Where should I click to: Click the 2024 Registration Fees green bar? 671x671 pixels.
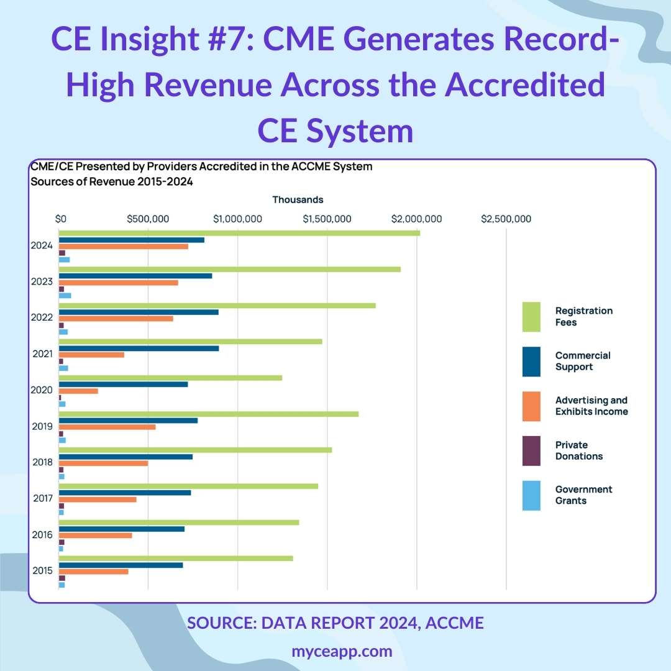[239, 233]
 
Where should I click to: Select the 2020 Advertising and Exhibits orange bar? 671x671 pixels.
[78, 391]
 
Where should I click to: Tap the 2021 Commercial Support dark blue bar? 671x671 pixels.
[139, 348]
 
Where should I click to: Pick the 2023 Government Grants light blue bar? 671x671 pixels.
[65, 295]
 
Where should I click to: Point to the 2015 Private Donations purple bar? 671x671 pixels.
[62, 578]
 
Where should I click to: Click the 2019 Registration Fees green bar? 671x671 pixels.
[208, 414]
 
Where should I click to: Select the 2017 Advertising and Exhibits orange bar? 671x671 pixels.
[98, 500]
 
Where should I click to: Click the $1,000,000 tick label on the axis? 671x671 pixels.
[239, 219]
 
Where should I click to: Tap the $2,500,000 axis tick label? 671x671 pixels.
[506, 219]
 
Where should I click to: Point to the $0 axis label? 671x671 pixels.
[60, 219]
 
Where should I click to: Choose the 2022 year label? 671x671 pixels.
[42, 317]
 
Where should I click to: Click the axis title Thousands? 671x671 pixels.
[298, 199]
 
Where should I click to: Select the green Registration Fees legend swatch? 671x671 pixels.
[531, 316]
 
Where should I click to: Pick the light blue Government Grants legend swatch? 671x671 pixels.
[531, 495]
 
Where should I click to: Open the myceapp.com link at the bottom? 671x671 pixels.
[342, 650]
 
